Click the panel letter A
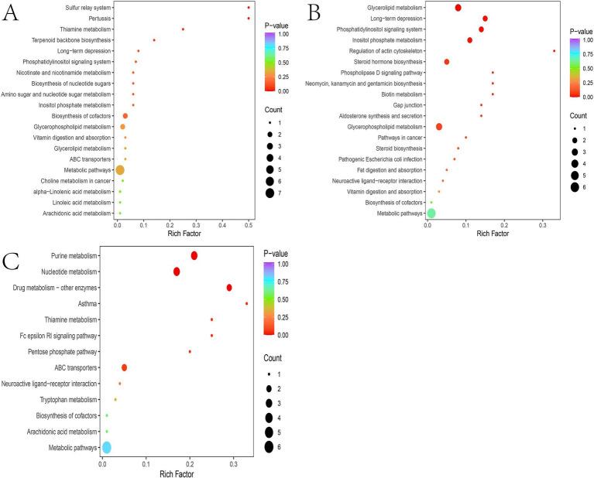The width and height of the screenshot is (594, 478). point(13,15)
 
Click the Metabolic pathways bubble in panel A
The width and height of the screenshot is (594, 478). point(120,169)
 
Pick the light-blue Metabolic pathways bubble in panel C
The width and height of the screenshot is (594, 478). point(107,447)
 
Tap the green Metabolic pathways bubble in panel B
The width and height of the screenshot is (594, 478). point(431,213)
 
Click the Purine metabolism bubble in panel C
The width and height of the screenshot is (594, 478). point(194,255)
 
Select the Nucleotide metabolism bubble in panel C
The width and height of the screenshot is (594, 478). point(177,271)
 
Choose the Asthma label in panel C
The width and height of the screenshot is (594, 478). point(88,303)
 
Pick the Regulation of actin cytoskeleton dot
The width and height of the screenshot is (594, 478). point(555,51)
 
